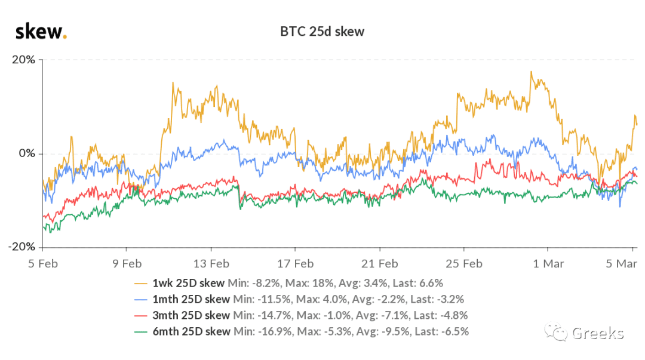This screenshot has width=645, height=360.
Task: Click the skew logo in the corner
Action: (41, 32)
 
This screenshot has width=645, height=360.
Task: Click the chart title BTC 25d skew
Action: (322, 32)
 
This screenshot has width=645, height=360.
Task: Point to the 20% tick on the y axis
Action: (23, 60)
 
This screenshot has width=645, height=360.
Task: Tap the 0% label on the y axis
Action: (27, 153)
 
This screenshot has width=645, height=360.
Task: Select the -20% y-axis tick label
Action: (22, 247)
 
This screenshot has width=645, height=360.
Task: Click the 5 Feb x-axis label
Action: (43, 264)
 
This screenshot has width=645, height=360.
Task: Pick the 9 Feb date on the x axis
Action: (127, 264)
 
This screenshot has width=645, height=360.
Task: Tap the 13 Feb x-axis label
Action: (211, 264)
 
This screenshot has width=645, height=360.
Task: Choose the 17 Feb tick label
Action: (296, 264)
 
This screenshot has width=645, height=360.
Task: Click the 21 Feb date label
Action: (380, 264)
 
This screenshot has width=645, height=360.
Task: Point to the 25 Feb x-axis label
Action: (464, 264)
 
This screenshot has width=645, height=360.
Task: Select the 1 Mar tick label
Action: (548, 264)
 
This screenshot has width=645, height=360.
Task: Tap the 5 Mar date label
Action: (621, 264)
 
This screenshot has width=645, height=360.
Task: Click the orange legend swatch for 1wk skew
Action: (141, 284)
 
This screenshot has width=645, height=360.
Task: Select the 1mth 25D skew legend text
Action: (191, 300)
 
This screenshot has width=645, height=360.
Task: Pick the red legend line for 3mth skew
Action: (141, 316)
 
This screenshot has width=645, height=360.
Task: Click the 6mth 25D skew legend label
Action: (191, 331)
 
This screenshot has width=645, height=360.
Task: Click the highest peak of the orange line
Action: (531, 72)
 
